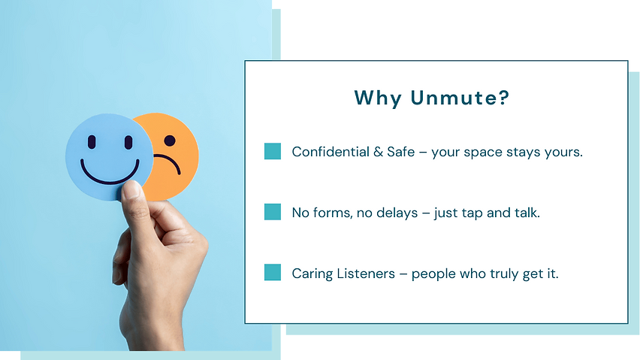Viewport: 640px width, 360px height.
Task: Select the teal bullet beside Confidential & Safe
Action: click(x=273, y=151)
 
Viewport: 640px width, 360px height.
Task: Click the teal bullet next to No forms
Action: click(x=273, y=212)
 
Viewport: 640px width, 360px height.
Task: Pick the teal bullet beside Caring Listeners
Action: click(x=273, y=273)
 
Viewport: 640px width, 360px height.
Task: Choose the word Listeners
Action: click(x=364, y=274)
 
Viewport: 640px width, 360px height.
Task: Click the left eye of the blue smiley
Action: click(x=92, y=141)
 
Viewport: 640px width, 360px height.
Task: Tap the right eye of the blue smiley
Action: click(x=127, y=142)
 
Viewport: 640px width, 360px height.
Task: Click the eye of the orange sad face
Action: click(x=170, y=140)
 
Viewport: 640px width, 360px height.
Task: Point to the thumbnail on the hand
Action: click(x=132, y=189)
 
